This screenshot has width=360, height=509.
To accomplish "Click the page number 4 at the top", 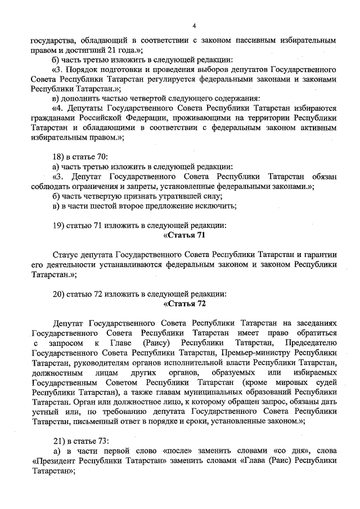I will click(193, 26).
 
